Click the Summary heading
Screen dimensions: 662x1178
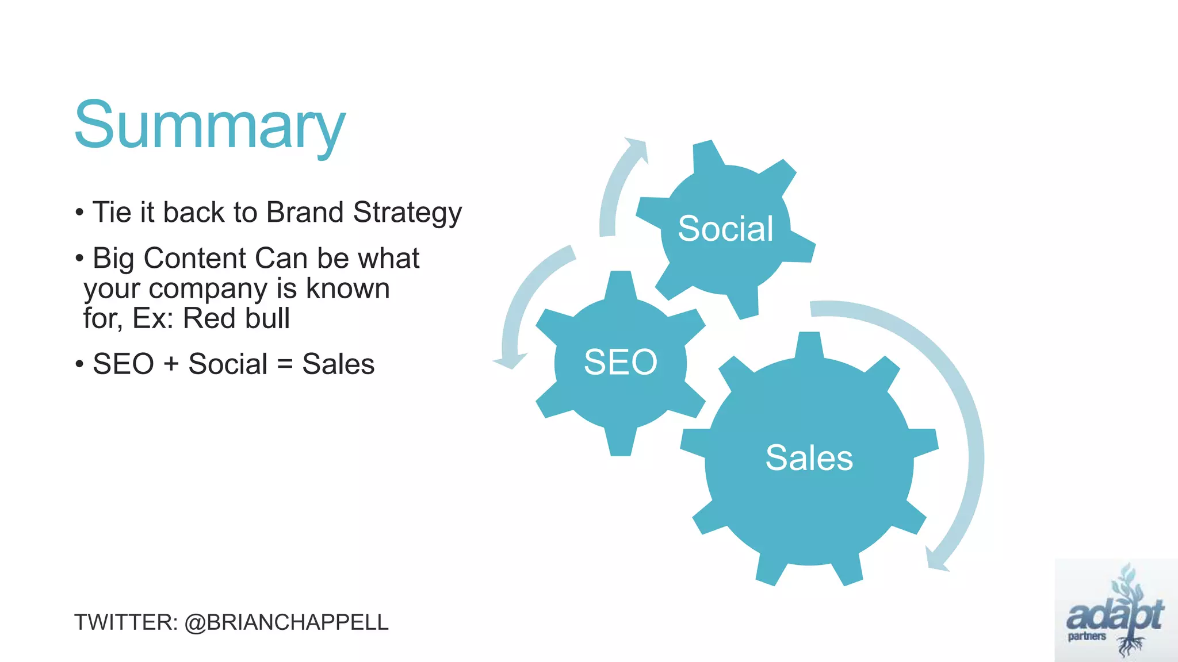(210, 125)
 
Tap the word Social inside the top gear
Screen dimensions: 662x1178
(725, 229)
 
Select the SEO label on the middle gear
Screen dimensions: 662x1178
(620, 362)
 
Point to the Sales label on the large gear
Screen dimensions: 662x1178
(809, 458)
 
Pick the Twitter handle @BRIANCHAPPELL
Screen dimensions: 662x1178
(286, 622)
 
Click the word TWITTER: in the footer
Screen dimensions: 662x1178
(126, 622)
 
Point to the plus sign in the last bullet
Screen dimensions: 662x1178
(171, 364)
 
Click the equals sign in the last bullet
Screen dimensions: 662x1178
(285, 364)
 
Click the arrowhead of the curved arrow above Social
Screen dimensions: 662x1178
(637, 148)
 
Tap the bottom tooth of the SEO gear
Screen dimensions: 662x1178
(621, 442)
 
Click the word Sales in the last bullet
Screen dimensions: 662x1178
(338, 364)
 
